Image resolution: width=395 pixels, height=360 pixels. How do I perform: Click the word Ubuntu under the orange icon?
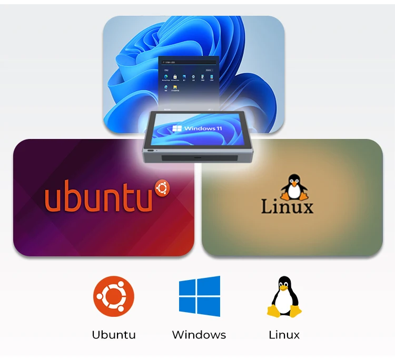click(114, 335)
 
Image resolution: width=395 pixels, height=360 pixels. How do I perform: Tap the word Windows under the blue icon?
click(199, 335)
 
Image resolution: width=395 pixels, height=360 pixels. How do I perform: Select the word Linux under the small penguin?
click(284, 335)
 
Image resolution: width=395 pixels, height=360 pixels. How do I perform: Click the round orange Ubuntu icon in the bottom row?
click(114, 296)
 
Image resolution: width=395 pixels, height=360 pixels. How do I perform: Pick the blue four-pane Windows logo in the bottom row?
click(199, 296)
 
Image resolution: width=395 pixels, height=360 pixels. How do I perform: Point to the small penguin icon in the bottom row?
click(284, 296)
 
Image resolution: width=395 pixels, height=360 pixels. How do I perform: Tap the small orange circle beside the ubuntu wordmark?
click(162, 187)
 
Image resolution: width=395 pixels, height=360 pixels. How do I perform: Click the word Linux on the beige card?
click(287, 206)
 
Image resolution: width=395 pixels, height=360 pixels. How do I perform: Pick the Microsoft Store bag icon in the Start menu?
click(175, 77)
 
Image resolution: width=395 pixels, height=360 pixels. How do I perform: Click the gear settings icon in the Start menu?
click(193, 77)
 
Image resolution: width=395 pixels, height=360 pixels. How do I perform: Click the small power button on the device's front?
click(151, 151)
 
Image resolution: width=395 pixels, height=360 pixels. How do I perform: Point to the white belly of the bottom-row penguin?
click(284, 300)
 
